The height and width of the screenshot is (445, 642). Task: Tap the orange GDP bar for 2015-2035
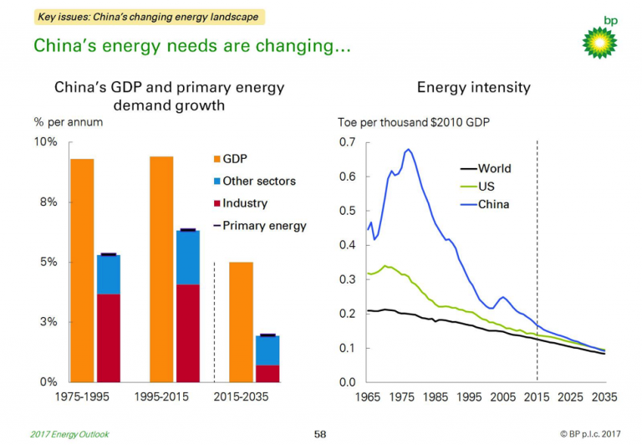pos(241,322)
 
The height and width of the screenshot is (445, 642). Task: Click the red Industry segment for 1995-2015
pos(188,333)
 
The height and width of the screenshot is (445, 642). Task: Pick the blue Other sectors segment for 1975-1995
pos(109,274)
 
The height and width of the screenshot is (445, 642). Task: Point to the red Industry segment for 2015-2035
pos(267,373)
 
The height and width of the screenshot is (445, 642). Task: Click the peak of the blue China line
pos(408,150)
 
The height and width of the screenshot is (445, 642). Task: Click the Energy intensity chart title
pos(473,88)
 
